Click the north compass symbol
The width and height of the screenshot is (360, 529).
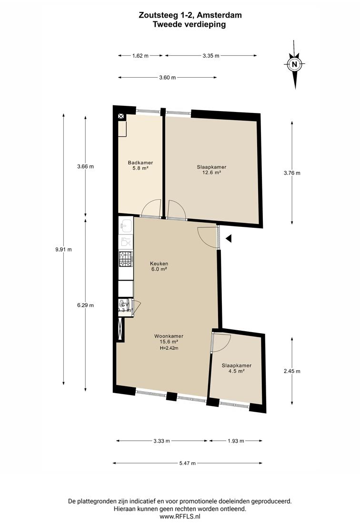[295, 64]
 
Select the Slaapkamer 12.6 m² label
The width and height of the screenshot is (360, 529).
[211, 170]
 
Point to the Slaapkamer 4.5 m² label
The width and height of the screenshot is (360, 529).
[236, 368]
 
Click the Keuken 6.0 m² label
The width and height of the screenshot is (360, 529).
[159, 266]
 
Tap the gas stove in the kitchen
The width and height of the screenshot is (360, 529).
[126, 259]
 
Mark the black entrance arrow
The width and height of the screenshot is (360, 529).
[229, 238]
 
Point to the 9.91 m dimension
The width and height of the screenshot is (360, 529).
[63, 250]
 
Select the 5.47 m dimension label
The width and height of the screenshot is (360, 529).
[188, 463]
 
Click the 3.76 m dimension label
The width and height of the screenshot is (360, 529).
[292, 173]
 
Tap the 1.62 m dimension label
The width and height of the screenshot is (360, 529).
[140, 56]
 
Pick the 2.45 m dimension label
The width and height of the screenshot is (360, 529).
[292, 371]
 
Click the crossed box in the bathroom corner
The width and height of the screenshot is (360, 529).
[121, 116]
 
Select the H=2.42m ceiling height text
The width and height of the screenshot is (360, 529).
[169, 348]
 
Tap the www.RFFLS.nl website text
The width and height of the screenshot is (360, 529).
[180, 517]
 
